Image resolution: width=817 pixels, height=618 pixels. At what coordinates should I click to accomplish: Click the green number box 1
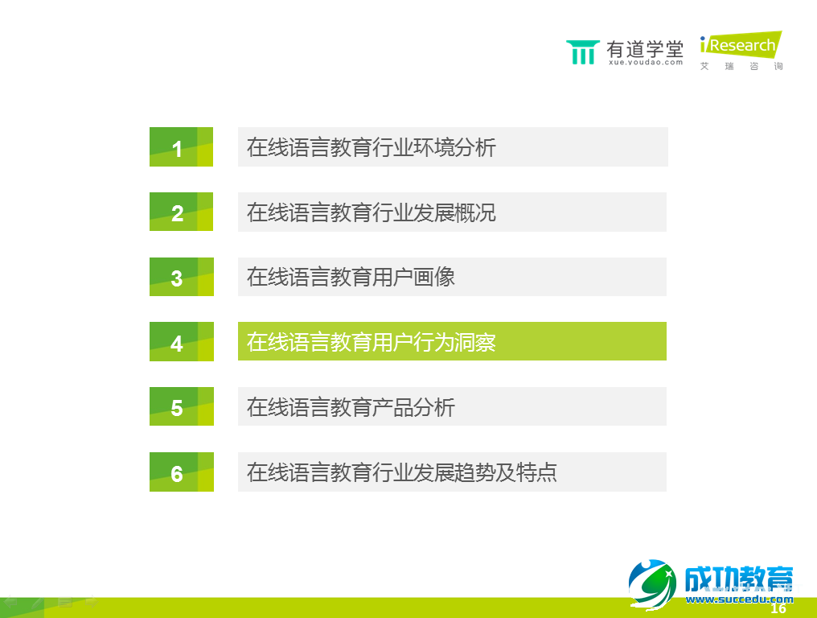(x=181, y=147)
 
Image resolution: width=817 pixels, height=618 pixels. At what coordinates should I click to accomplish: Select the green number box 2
(x=181, y=212)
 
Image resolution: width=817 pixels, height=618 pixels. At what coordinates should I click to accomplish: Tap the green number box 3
(x=181, y=277)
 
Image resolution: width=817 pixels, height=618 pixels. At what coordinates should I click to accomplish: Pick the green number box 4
(x=181, y=342)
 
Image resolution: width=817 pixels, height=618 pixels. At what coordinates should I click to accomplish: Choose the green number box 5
(x=181, y=406)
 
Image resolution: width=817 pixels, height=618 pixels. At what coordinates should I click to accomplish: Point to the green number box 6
(x=181, y=472)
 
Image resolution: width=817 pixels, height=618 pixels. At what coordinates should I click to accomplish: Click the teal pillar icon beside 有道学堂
(x=582, y=51)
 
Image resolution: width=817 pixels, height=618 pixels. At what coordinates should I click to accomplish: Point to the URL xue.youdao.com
(x=645, y=62)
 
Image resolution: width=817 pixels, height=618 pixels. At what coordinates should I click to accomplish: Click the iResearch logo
(x=740, y=45)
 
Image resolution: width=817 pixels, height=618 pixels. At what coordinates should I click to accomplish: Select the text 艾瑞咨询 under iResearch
(x=741, y=66)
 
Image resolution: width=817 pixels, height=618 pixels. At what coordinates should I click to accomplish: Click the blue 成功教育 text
(x=738, y=579)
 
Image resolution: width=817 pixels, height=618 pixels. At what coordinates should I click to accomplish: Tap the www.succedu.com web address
(x=738, y=599)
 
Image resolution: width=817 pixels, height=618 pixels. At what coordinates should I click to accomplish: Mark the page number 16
(x=778, y=609)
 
